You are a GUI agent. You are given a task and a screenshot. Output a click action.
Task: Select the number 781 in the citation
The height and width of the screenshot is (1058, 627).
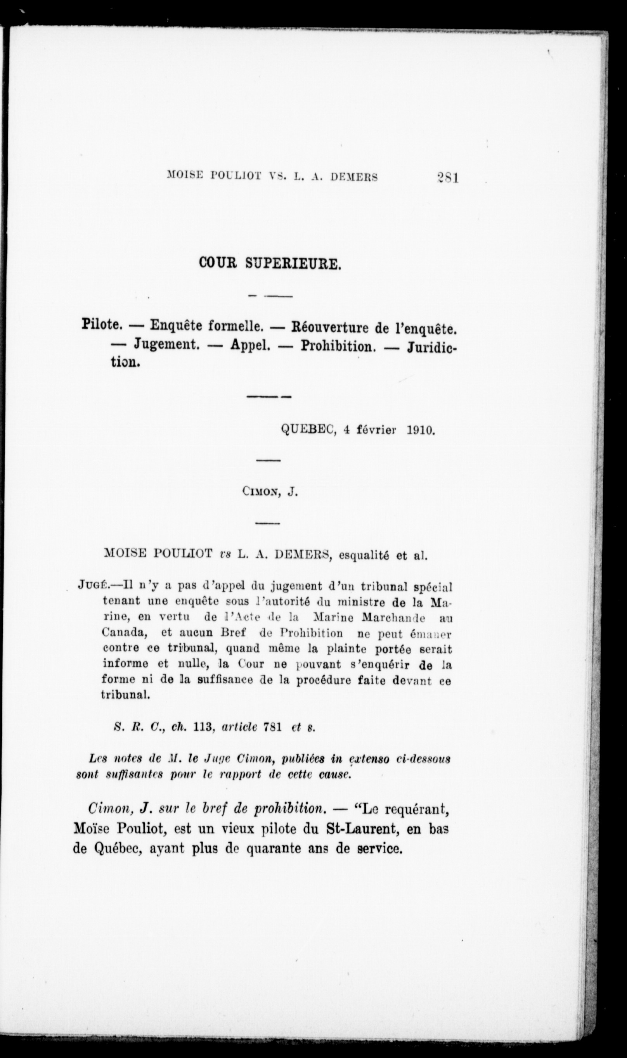click(272, 728)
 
